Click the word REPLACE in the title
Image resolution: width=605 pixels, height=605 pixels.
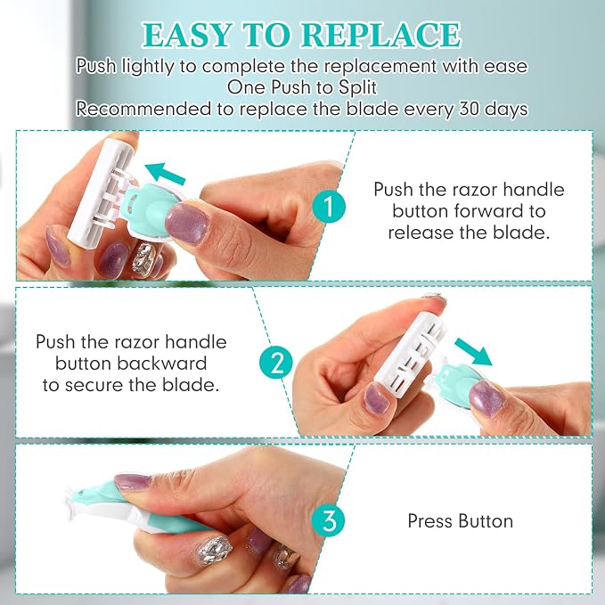point(380,35)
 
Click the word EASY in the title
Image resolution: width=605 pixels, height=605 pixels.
point(188,35)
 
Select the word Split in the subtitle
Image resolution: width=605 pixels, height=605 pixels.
point(357,87)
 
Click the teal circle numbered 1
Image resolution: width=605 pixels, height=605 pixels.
point(329,207)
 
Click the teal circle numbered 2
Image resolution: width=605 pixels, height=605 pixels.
point(276,363)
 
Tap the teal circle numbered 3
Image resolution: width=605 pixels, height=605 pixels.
point(329,520)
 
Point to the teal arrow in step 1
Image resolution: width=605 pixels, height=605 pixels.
point(165,173)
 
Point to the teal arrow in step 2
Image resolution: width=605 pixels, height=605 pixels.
point(473,351)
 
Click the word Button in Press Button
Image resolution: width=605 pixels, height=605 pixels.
point(486,521)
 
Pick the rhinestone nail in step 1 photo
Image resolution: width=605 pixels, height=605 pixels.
point(143,257)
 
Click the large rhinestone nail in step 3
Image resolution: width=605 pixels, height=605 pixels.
point(215,551)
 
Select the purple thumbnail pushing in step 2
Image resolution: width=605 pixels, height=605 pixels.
point(486,397)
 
